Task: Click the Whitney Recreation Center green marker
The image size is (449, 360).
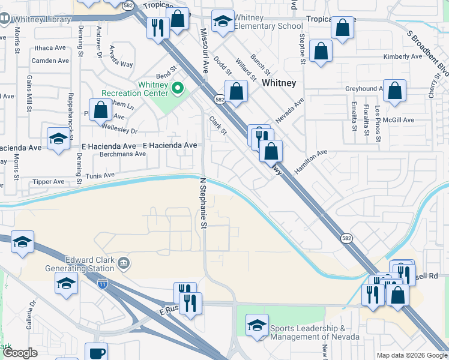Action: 177,89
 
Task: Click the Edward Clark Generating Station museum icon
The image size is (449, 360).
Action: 124,262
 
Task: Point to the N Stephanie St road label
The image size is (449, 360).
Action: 203,203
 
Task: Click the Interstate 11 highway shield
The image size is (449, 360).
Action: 103,281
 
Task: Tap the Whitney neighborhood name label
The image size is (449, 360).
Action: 279,83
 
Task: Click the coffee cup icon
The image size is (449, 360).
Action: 96,353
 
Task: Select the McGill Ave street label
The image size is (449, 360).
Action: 400,120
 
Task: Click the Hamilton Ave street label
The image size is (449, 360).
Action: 314,158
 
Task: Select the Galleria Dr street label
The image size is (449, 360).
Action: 31,314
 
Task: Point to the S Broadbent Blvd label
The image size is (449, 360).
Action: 427,51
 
